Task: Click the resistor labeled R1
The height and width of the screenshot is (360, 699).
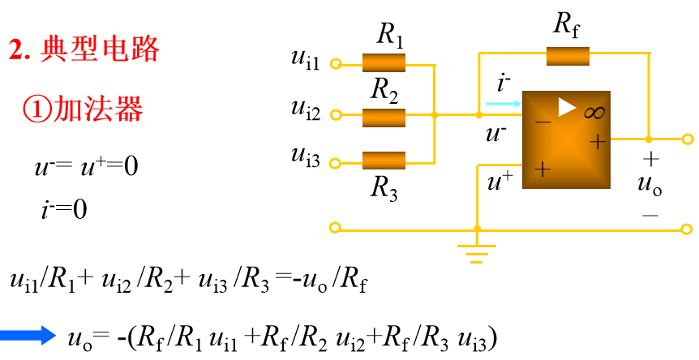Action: click(384, 63)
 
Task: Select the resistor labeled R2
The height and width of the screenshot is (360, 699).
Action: click(384, 116)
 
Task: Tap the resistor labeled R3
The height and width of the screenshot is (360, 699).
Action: click(384, 160)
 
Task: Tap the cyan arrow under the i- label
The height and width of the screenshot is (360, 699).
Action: click(502, 104)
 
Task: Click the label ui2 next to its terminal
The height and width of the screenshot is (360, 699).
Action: click(305, 108)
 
